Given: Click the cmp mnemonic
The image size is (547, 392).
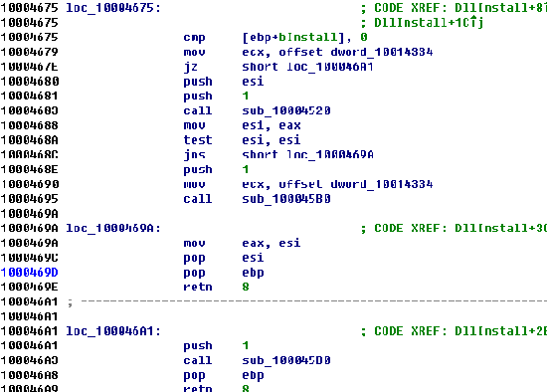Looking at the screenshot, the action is (195, 37).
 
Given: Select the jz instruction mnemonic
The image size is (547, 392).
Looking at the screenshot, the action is (191, 67).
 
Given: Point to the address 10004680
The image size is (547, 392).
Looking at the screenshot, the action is (27, 82).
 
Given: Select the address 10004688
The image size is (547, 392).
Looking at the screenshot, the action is (27, 126).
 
